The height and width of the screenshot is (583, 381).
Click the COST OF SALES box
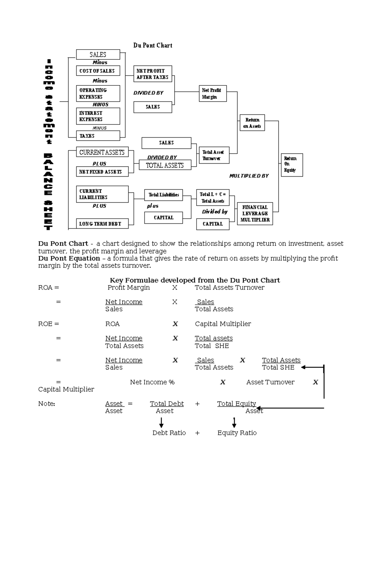(98, 71)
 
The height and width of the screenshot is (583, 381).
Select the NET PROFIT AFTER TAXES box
(152, 74)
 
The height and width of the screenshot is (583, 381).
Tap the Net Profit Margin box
(213, 93)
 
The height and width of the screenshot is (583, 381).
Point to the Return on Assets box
(252, 123)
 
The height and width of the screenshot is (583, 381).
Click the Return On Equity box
(292, 165)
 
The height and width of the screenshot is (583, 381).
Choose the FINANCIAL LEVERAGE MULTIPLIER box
(255, 214)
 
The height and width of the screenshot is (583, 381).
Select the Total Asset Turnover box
(214, 155)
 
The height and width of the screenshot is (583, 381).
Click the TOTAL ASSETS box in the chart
(165, 165)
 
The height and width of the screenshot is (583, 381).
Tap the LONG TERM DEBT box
(102, 224)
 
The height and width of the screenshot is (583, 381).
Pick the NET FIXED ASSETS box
(102, 172)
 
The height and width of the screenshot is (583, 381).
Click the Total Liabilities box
(164, 195)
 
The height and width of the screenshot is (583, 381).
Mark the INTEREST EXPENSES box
(98, 116)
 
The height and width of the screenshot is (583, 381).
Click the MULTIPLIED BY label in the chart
(249, 176)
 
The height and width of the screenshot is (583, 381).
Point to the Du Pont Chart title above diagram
(153, 45)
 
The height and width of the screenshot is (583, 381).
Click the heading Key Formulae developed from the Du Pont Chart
(195, 280)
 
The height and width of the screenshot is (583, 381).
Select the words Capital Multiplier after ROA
(223, 324)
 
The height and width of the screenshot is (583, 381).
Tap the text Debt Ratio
(169, 433)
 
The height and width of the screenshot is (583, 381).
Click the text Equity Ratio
(237, 433)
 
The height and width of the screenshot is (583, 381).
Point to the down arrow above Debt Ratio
(161, 423)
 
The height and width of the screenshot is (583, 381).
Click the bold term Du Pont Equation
(69, 258)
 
